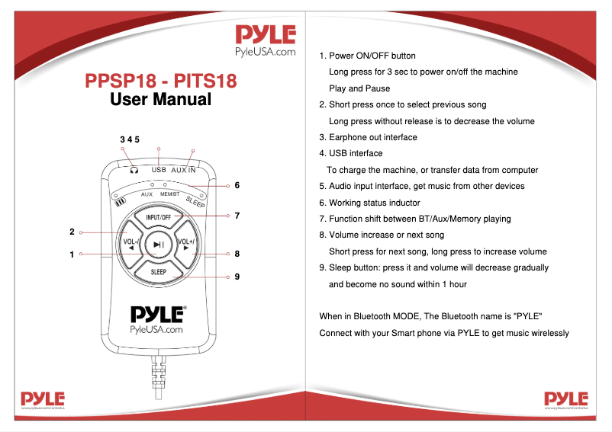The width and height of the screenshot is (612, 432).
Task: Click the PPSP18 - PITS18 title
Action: point(161,80)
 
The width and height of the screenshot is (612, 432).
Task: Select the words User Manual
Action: point(161,99)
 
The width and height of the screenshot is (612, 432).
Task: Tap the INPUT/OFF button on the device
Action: point(158,217)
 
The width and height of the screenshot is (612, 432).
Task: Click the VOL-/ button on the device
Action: point(129,245)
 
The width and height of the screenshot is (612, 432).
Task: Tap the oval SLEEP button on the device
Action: point(158,271)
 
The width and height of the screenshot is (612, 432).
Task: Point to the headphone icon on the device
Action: point(134,170)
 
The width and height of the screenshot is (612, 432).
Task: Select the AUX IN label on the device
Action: point(183,170)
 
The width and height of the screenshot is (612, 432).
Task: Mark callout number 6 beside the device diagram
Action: point(237,185)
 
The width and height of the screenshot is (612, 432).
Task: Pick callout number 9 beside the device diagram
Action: point(237,277)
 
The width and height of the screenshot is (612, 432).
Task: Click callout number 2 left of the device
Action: point(72,232)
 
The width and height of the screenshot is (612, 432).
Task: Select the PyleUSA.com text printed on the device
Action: point(157,330)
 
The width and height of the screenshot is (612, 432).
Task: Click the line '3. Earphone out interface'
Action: point(368,137)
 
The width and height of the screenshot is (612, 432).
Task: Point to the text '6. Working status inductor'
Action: point(369,203)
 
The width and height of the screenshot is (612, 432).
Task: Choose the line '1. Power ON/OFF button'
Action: point(367,56)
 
